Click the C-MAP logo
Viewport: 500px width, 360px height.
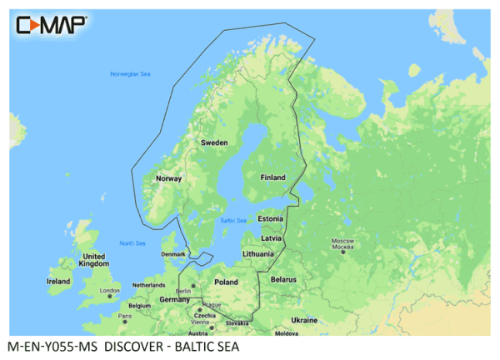(x=52, y=24)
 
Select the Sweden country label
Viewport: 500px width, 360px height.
(x=214, y=142)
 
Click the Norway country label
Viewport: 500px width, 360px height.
(x=169, y=178)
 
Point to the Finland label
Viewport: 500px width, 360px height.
(x=272, y=177)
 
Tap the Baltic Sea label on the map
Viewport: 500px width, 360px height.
(x=232, y=221)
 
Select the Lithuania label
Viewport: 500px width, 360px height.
(x=259, y=253)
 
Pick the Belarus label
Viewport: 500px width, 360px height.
(x=283, y=279)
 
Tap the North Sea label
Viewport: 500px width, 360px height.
(x=132, y=243)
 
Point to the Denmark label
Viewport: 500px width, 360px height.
(x=173, y=254)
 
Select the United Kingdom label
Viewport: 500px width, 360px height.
(x=93, y=260)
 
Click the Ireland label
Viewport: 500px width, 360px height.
(x=58, y=282)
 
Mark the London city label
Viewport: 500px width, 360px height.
(x=110, y=291)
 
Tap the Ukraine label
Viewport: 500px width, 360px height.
(x=304, y=320)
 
